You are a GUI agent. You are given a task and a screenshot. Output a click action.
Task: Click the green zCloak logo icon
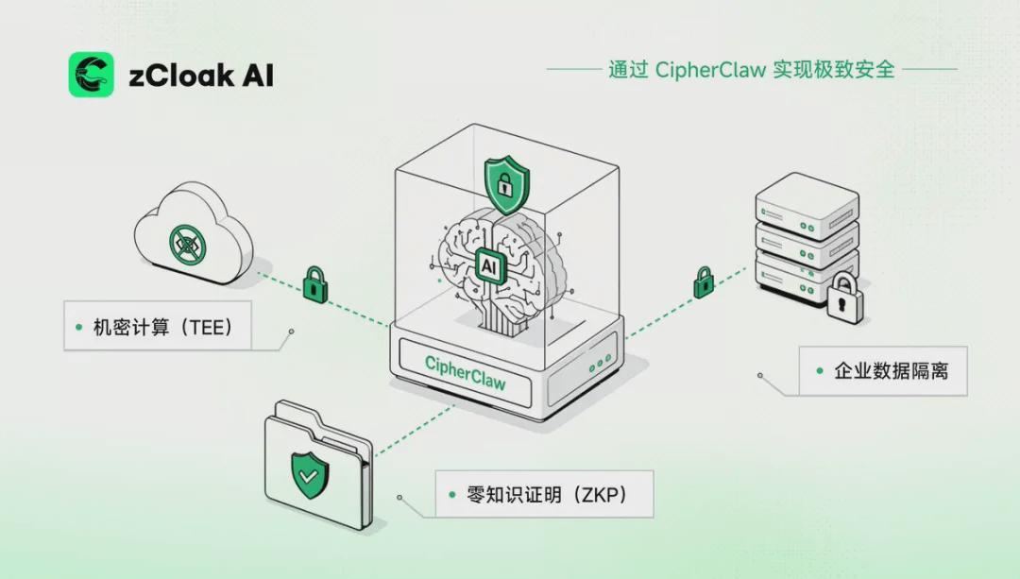91,75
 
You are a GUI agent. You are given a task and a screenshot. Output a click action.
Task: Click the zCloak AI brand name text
201,76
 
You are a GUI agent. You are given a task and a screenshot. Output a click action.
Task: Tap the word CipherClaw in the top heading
710,70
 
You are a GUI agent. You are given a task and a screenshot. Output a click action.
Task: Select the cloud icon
194,233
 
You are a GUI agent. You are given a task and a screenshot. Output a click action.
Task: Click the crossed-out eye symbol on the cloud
187,245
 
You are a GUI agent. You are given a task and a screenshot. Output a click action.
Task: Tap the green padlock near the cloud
315,284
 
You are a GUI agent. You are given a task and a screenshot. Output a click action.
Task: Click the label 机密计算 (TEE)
162,327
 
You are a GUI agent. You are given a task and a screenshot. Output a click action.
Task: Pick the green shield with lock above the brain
507,184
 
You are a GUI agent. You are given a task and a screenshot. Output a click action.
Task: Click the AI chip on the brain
489,265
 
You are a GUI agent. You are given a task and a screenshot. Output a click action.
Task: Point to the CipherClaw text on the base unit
465,373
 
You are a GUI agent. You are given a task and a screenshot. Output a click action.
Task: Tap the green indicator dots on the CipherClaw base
600,363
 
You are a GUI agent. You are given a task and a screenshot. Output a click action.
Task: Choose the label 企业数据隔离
892,371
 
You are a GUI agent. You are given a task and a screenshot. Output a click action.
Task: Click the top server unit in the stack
807,206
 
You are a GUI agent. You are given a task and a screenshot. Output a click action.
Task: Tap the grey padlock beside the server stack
845,298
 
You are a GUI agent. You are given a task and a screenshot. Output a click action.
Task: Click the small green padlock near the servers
704,282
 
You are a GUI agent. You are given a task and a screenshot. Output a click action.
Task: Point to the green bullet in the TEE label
78,327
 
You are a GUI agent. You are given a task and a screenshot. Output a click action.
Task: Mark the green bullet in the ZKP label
452,495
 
